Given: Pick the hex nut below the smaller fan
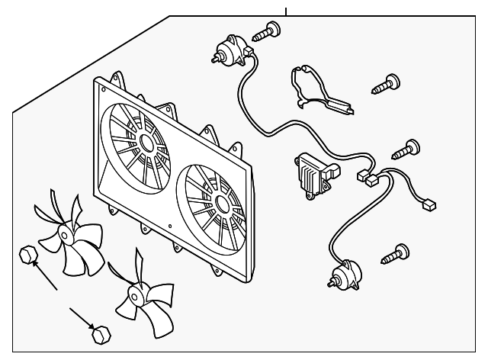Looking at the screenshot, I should (x=98, y=333).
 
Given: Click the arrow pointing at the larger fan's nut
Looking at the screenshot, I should (x=46, y=278).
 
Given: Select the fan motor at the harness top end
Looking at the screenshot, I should (x=226, y=50).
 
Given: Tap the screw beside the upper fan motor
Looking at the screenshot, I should (x=268, y=32).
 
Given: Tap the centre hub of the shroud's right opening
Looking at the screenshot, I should (x=221, y=203).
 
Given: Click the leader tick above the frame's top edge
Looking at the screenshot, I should (x=286, y=11).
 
